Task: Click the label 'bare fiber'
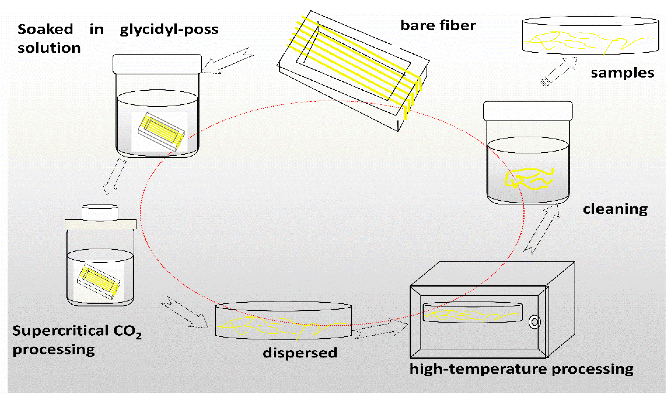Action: click(x=438, y=26)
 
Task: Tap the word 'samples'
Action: click(x=622, y=73)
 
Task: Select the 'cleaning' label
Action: click(x=615, y=209)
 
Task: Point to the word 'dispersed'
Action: click(x=300, y=353)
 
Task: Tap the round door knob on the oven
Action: click(x=535, y=322)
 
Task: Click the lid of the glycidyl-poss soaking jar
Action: click(x=157, y=64)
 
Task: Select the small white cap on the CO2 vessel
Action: click(x=100, y=212)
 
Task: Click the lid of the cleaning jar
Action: click(x=528, y=111)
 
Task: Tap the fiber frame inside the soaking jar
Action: click(x=161, y=131)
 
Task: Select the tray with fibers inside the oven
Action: click(x=473, y=313)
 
